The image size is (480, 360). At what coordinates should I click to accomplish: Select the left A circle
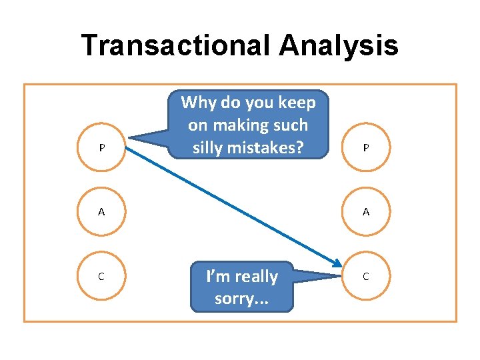point(101,212)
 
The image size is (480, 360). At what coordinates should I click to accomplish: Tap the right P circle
point(365,147)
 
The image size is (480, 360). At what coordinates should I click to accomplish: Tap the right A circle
point(365,212)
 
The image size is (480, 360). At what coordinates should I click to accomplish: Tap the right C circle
point(365,275)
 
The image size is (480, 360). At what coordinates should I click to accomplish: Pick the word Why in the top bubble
point(197,103)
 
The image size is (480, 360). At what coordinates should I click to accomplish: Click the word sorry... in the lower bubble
point(241,298)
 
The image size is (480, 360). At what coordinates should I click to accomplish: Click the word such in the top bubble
point(291,125)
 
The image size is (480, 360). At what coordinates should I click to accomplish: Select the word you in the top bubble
point(257,103)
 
